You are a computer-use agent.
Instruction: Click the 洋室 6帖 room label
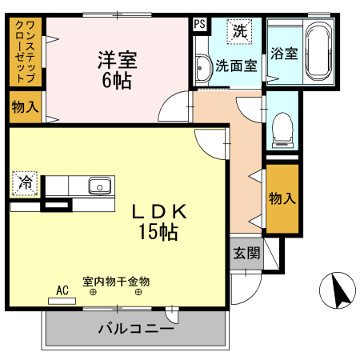click(117, 70)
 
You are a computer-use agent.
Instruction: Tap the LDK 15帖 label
click(159, 222)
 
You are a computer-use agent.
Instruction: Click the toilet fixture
click(282, 128)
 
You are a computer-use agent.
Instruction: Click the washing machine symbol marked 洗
click(239, 32)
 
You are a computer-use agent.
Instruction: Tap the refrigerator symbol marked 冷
click(26, 182)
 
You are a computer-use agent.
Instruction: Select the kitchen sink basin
click(99, 185)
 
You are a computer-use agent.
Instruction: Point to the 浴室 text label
click(284, 54)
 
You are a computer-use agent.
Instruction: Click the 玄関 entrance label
click(246, 254)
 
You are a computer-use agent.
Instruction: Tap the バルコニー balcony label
click(135, 327)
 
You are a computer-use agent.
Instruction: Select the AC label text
click(62, 290)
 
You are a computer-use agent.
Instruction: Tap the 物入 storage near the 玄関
click(281, 198)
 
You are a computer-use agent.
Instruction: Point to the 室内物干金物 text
click(116, 282)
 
